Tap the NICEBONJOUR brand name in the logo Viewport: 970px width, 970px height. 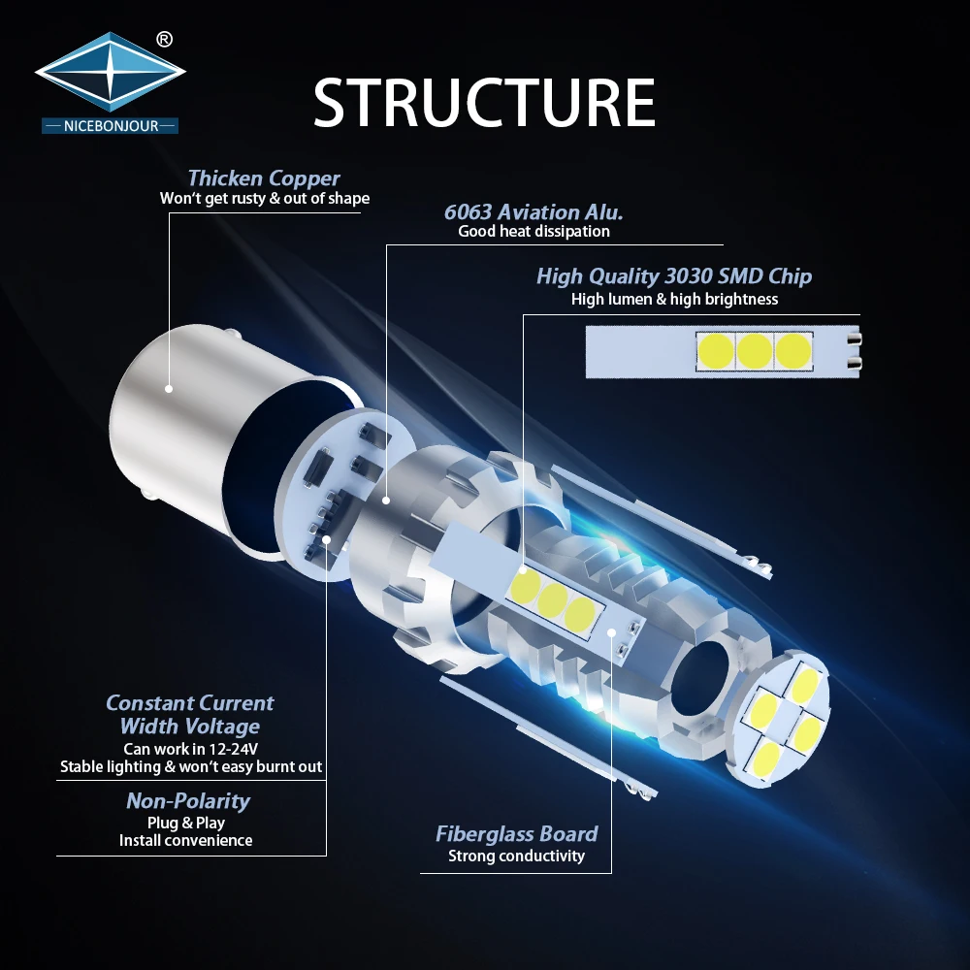pos(110,126)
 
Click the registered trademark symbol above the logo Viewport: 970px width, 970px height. pos(164,40)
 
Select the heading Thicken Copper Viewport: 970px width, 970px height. pos(264,178)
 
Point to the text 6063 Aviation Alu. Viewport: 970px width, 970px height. pos(533,211)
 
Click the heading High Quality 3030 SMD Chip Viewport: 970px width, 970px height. pos(674,276)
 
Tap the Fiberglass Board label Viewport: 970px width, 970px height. pos(516,834)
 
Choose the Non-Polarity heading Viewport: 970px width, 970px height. pos(188,801)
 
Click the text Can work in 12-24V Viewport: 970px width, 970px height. pos(191,748)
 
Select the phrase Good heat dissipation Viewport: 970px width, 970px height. pos(533,232)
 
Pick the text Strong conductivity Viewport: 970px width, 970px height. pos(516,856)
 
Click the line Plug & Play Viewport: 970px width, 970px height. pos(186,823)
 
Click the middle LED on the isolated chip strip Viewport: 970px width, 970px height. pos(755,351)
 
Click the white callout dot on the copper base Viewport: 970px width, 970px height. pos(169,388)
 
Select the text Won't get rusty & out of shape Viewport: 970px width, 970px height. pos(264,199)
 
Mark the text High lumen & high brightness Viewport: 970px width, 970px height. pos(674,299)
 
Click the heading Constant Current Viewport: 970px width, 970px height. pos(190,703)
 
